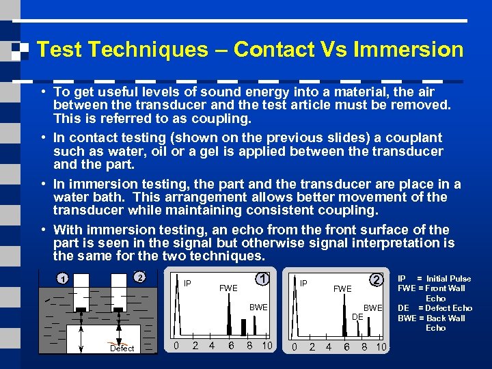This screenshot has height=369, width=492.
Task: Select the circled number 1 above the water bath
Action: pos(61,279)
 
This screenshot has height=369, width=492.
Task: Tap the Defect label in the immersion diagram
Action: pos(122,348)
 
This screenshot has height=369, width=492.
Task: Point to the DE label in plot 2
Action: pos(357,317)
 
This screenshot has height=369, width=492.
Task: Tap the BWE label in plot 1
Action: pos(258,307)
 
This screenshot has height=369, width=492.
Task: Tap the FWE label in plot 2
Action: pos(342,288)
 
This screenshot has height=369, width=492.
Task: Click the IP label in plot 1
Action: pos(187,282)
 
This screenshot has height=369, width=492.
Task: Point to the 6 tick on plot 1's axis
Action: pos(231,346)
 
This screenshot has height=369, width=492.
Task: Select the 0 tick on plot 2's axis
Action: pos(295,347)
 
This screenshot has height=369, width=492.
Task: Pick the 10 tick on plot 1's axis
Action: pos(267,346)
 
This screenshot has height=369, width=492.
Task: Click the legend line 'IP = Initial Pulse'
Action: pos(435,279)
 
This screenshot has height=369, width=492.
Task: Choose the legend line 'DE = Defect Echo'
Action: pos(435,308)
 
